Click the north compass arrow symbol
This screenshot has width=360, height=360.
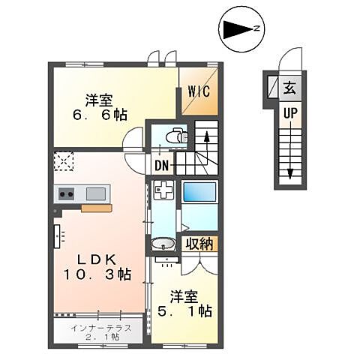click(x=240, y=29)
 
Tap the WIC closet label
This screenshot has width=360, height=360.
click(x=199, y=92)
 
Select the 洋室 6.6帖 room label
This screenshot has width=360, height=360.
click(x=104, y=106)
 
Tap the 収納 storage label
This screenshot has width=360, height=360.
click(x=199, y=244)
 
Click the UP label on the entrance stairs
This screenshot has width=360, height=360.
click(x=289, y=112)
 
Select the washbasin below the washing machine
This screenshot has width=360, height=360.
click(x=162, y=244)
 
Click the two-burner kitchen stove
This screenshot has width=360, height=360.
click(x=66, y=193)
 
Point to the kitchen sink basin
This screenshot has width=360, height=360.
click(x=96, y=193)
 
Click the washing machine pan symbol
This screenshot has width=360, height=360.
click(x=162, y=191)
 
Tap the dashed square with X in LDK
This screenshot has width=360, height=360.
click(x=63, y=160)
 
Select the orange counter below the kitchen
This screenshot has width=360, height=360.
click(x=97, y=208)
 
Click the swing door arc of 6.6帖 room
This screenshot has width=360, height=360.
click(x=133, y=139)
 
